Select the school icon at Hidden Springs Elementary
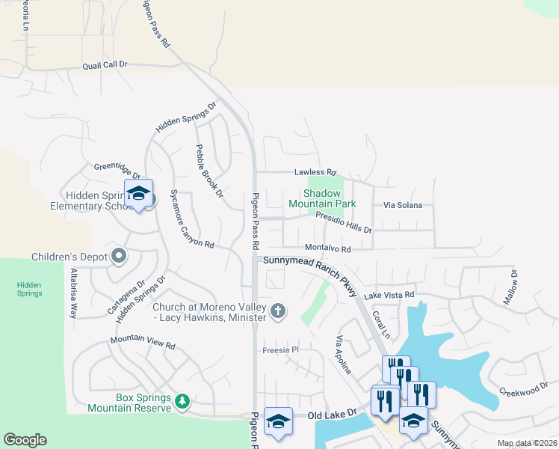tap(138, 194)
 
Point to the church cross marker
tap(278, 311)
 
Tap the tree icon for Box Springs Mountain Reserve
tap(182, 403)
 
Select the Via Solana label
tap(403, 205)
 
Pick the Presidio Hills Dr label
tap(343, 222)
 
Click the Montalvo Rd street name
tap(327, 248)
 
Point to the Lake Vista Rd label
tap(389, 296)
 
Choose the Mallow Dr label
tap(510, 287)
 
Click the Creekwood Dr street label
tap(524, 391)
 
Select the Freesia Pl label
tap(280, 349)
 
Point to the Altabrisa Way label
tap(73, 293)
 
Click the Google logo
tap(25, 440)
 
